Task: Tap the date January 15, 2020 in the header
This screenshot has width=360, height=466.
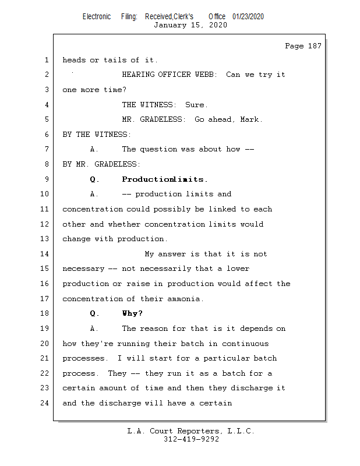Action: click(190, 25)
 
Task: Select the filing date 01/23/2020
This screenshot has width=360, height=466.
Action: click(248, 16)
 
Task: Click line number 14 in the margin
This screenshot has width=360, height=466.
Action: click(45, 254)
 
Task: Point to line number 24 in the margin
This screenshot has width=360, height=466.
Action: click(45, 403)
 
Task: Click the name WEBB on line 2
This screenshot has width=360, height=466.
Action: click(207, 75)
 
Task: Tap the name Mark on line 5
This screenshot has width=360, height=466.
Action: click(251, 120)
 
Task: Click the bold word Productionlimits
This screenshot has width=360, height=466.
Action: click(165, 179)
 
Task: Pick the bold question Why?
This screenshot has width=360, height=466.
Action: click(132, 313)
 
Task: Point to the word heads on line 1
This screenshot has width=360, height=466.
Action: click(74, 60)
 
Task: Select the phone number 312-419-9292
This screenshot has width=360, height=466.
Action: click(191, 440)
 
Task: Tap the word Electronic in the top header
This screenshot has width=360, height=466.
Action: click(97, 16)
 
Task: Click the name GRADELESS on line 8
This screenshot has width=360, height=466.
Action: click(115, 164)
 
